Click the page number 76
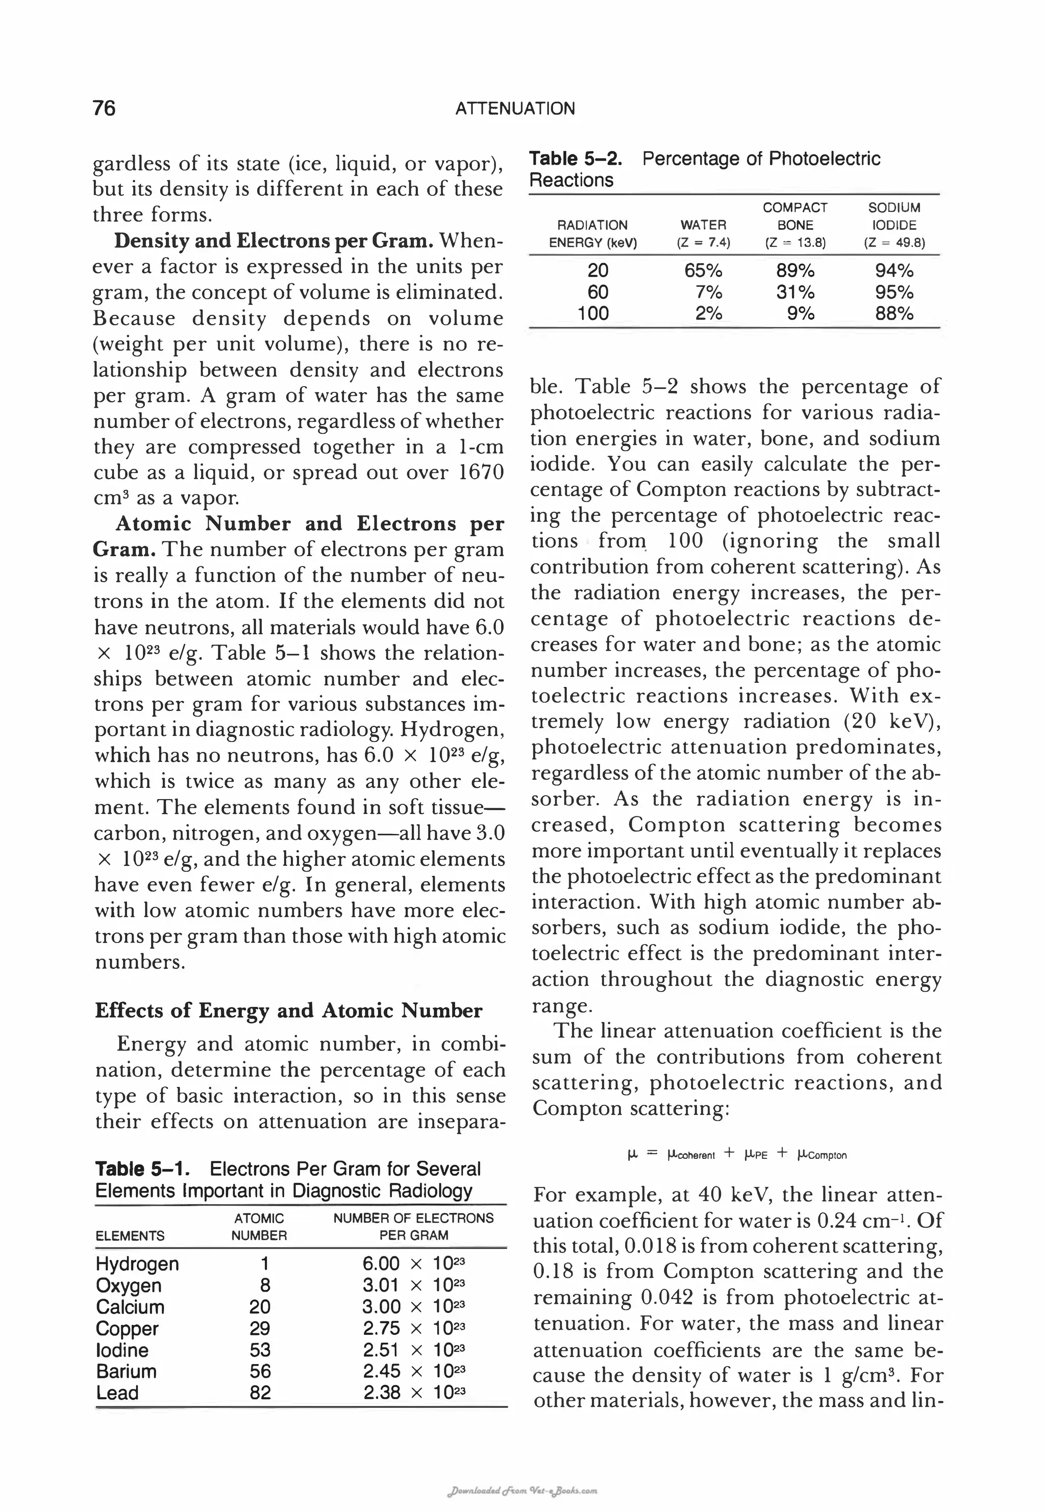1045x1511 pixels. click(x=104, y=108)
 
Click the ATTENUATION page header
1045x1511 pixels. click(x=515, y=109)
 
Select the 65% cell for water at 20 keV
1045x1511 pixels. click(x=703, y=270)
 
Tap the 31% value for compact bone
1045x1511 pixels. click(x=795, y=292)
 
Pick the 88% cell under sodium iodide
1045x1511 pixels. click(x=894, y=314)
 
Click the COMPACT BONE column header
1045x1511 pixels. click(x=795, y=216)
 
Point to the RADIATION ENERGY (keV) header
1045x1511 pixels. click(x=592, y=234)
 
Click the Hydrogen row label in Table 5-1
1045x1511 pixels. click(x=137, y=1264)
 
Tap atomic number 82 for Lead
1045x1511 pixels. click(x=260, y=1393)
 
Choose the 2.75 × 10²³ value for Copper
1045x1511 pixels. click(x=414, y=1328)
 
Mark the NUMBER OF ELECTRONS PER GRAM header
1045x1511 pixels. click(x=413, y=1226)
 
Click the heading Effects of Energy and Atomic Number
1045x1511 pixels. click(x=288, y=1010)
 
